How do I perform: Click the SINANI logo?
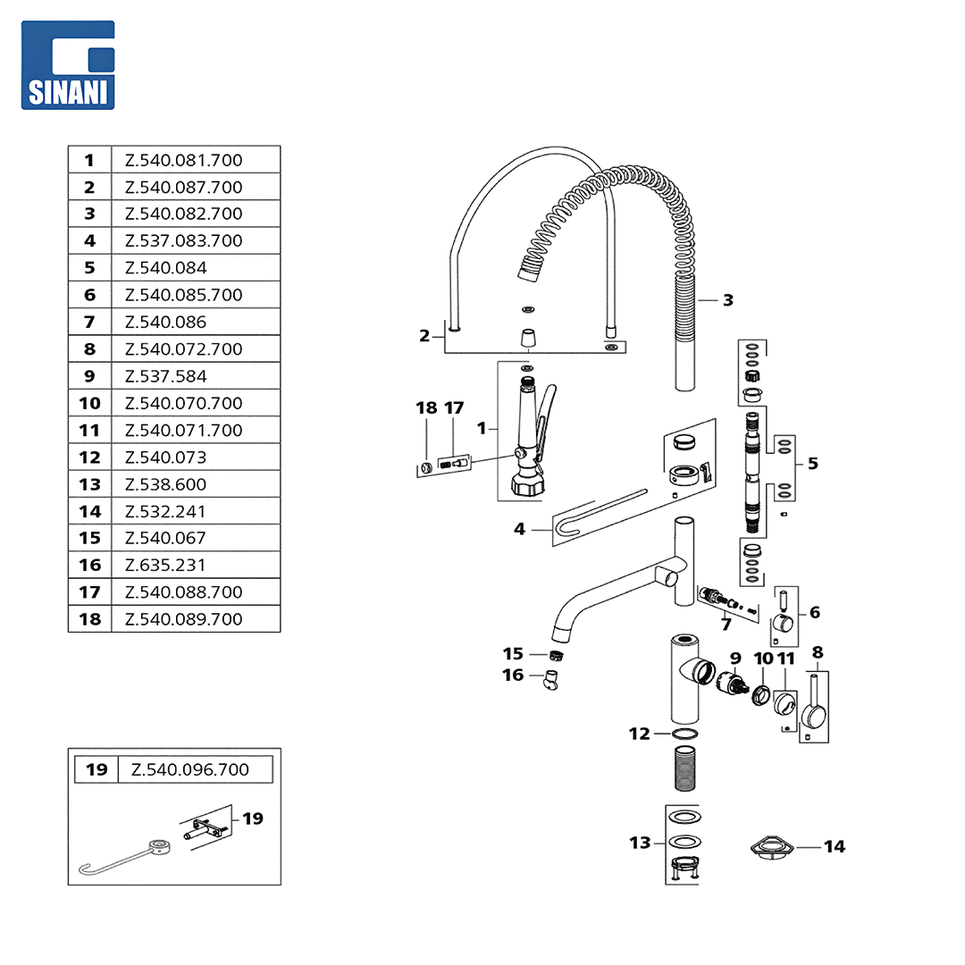69,64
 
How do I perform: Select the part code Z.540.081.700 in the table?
183,161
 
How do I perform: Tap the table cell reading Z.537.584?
165,376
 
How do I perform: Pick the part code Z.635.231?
165,565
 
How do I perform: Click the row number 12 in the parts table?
89,457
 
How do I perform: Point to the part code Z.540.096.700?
190,769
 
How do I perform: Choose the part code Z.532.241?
165,511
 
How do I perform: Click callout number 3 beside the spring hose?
728,300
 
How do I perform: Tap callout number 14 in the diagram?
834,846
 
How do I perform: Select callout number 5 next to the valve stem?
812,463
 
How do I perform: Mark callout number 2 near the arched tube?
424,336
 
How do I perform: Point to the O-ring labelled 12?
685,734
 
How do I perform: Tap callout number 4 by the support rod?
519,529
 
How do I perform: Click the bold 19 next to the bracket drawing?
253,818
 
